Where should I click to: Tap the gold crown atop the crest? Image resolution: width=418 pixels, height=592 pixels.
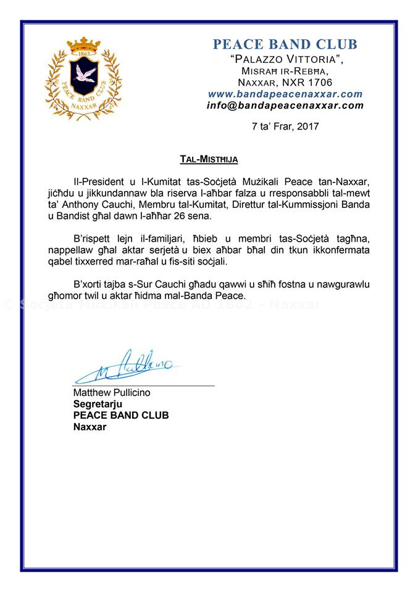pyautogui.click(x=83, y=45)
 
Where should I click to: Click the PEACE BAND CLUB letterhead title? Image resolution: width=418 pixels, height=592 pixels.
pyautogui.click(x=285, y=44)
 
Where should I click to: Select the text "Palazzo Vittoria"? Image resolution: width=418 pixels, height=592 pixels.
pyautogui.click(x=286, y=59)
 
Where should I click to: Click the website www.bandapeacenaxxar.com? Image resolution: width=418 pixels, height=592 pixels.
pyautogui.click(x=285, y=94)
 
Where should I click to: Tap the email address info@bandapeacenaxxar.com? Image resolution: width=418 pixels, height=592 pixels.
pyautogui.click(x=285, y=105)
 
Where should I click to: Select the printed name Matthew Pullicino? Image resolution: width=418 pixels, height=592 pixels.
pyautogui.click(x=112, y=393)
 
